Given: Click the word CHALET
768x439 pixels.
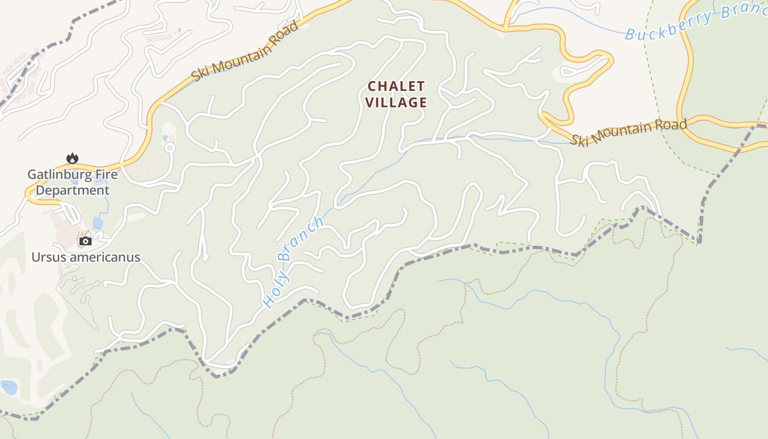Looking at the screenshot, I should (x=396, y=86).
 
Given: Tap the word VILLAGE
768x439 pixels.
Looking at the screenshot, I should (x=396, y=102).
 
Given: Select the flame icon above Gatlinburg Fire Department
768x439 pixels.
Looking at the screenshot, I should (x=72, y=159).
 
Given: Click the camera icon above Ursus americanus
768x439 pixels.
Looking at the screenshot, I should (x=85, y=241).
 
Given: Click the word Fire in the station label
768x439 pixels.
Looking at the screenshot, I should (x=107, y=175).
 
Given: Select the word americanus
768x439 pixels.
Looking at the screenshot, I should (x=104, y=257).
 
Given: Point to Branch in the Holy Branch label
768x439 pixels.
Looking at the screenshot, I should (x=301, y=239).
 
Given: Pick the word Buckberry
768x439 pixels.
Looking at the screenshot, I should (x=668, y=26).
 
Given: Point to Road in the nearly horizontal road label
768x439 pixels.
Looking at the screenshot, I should (x=673, y=125).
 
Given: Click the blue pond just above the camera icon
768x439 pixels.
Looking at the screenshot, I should (x=98, y=222).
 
